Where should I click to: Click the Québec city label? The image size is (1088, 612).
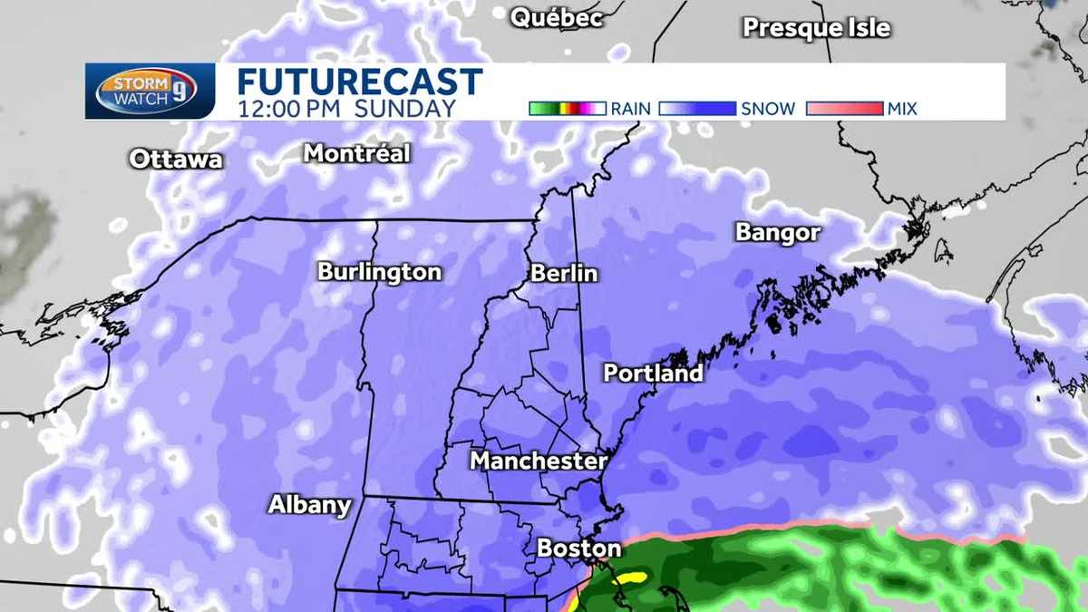[x=557, y=18]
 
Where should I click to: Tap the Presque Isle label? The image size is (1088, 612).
[x=816, y=28]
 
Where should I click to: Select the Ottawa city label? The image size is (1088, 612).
[x=175, y=160]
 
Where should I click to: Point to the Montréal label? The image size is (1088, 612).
[x=356, y=153]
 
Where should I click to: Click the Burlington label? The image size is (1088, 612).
[x=379, y=272]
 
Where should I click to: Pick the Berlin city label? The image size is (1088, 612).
[x=564, y=273]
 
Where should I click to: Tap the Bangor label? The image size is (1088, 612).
[x=778, y=233]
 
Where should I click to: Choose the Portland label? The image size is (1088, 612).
[x=653, y=373]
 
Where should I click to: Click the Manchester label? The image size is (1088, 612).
[x=538, y=461]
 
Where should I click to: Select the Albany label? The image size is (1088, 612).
[x=309, y=505]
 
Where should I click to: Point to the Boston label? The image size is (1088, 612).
[x=578, y=548]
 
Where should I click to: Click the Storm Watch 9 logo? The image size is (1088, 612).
[x=151, y=91]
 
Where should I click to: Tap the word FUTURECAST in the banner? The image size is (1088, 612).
[x=359, y=83]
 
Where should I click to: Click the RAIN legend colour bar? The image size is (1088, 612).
[x=567, y=109]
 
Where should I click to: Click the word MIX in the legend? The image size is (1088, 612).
[x=902, y=109]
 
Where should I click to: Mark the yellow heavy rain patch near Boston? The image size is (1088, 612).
[x=627, y=577]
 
